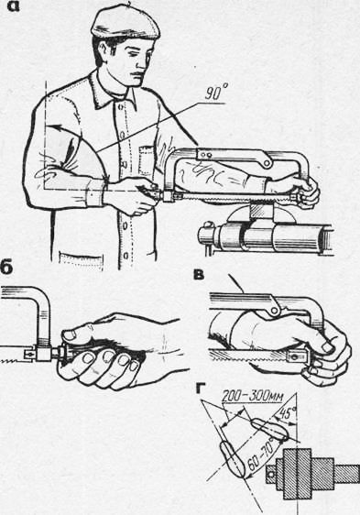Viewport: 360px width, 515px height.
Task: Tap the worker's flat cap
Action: click(x=125, y=23)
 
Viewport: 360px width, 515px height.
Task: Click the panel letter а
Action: click(x=13, y=6)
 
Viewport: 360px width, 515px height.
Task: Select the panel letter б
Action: click(x=6, y=267)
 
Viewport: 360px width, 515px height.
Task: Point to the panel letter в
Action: click(x=198, y=275)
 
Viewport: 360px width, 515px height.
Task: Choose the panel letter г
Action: click(x=201, y=389)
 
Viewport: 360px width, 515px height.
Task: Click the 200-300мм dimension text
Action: click(x=252, y=397)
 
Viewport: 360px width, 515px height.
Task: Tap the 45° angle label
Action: click(x=284, y=413)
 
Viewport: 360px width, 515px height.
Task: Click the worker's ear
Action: click(x=101, y=52)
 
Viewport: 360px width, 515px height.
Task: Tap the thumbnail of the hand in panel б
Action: click(x=70, y=334)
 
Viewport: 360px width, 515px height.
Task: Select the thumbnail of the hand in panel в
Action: click(x=327, y=347)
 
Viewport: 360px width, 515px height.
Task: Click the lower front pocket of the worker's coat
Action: click(x=81, y=261)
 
